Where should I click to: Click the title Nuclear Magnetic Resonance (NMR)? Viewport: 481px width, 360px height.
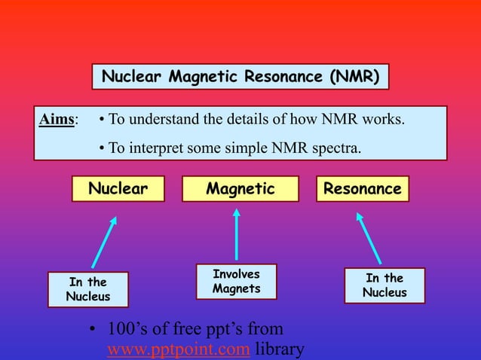(x=240, y=77)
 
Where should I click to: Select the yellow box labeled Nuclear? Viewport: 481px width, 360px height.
(x=118, y=189)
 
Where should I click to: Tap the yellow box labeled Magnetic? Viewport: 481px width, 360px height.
(x=240, y=189)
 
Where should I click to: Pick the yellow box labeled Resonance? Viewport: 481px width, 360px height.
(x=362, y=189)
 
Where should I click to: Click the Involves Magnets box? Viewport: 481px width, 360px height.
(x=237, y=282)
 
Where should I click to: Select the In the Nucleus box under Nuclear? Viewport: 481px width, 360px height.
(x=87, y=289)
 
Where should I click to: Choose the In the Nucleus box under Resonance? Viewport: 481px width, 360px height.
(x=384, y=285)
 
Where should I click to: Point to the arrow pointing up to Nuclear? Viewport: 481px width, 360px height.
(x=104, y=242)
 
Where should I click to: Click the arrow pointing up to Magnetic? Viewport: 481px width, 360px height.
(x=237, y=235)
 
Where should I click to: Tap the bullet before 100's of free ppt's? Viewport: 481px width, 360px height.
(x=90, y=330)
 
